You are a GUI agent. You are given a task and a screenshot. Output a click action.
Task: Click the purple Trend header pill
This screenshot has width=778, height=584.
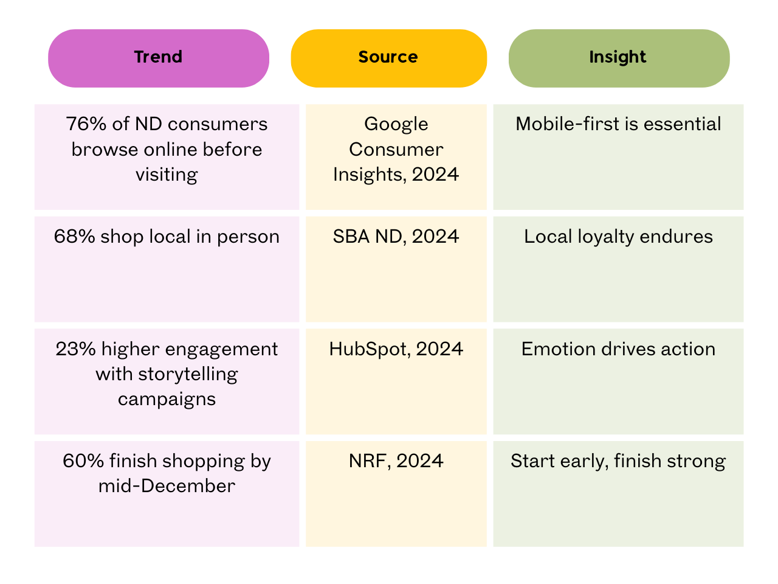[x=159, y=58]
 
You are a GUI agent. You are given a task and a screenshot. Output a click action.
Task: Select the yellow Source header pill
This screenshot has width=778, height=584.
[x=388, y=58]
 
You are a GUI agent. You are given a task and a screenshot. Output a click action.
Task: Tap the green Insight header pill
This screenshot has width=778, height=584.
[x=618, y=58]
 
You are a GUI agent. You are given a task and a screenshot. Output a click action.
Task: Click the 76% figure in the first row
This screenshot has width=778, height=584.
[x=86, y=124]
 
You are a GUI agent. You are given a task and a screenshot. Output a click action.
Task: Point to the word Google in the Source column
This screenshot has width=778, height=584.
[x=396, y=124]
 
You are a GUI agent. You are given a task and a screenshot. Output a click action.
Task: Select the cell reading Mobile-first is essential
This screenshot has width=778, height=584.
[x=618, y=124]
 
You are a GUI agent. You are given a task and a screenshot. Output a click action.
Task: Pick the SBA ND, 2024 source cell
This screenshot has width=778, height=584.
[x=396, y=237]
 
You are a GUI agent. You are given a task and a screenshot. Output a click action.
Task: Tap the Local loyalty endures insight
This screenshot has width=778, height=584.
[x=618, y=237]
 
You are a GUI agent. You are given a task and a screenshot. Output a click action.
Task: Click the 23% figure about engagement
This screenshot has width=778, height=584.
[x=75, y=349]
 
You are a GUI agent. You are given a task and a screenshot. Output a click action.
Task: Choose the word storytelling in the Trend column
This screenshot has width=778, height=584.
[x=188, y=374]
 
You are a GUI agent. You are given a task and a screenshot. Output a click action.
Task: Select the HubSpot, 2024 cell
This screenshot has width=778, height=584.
[x=396, y=349]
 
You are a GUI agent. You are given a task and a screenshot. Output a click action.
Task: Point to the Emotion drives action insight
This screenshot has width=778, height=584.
[x=618, y=349]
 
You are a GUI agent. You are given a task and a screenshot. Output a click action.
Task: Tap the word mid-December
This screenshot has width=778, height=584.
[x=167, y=486]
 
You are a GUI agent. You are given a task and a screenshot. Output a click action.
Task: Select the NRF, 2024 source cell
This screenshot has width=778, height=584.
[x=396, y=461]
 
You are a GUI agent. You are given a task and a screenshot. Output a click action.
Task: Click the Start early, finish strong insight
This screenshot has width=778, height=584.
[x=618, y=461]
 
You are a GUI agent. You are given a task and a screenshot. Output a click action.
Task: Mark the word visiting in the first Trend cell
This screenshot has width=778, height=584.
[x=167, y=175]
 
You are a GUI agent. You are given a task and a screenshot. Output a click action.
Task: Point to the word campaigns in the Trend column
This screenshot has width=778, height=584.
[x=167, y=400]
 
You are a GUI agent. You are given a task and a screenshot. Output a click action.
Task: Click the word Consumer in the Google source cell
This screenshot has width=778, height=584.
[x=396, y=150]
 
